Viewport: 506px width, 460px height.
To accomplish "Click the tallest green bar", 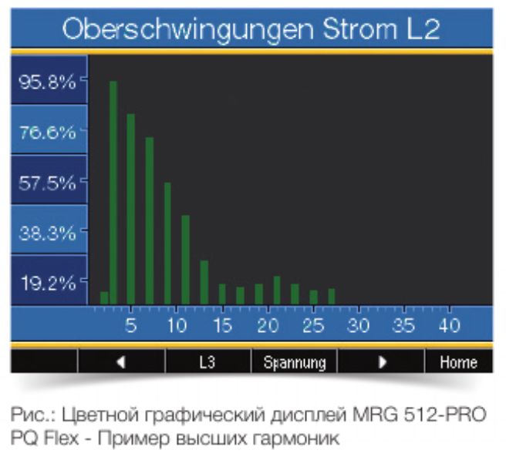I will tap(113, 193).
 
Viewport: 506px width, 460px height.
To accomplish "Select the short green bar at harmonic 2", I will tap(104, 298).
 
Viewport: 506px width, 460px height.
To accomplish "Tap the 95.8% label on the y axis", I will tap(47, 82).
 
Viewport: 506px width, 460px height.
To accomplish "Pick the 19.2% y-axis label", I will tap(47, 283).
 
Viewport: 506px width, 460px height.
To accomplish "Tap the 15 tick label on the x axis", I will tap(222, 325).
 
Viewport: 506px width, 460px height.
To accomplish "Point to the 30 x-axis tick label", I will tap(359, 325).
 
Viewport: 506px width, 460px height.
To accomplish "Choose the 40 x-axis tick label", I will tap(450, 325).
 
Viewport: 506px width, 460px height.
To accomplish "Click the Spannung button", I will tap(295, 362).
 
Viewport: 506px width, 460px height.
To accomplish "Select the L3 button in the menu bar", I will tap(207, 362).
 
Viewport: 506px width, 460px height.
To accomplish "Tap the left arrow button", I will tap(121, 362).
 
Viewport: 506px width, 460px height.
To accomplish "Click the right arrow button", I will tap(381, 362).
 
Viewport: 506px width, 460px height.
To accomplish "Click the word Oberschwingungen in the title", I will tap(185, 29).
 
